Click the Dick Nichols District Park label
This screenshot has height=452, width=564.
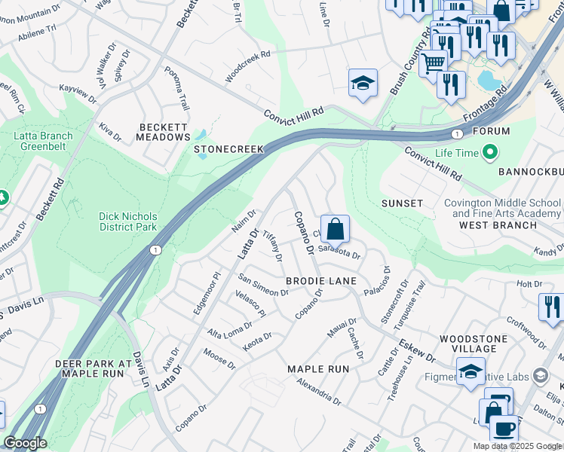(x=128, y=221)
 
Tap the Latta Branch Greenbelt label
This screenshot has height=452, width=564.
(x=43, y=142)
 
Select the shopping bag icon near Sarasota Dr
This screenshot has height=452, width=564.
(x=335, y=229)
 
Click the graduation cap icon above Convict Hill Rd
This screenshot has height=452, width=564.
(x=363, y=84)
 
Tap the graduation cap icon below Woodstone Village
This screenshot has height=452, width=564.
(x=471, y=372)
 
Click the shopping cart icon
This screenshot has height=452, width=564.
(x=432, y=63)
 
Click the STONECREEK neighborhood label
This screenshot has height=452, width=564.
(x=229, y=149)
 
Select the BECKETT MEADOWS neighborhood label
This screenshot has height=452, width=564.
(x=163, y=133)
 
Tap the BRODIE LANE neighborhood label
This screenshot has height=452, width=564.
(x=320, y=281)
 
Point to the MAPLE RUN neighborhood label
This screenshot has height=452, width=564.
(x=318, y=369)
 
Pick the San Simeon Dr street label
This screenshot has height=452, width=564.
(x=263, y=286)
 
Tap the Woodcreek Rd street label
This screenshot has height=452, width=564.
(x=247, y=67)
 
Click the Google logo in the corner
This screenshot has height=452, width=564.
(x=25, y=443)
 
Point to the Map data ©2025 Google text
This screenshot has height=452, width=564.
(x=517, y=446)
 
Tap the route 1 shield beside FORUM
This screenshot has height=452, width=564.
(x=456, y=133)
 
